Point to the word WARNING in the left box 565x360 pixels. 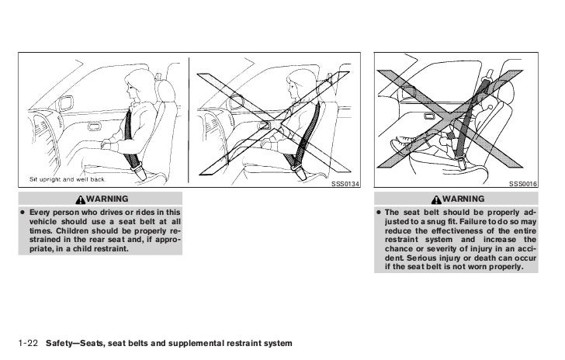pyautogui.click(x=109, y=199)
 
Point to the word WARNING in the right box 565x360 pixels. pyautogui.click(x=465, y=199)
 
